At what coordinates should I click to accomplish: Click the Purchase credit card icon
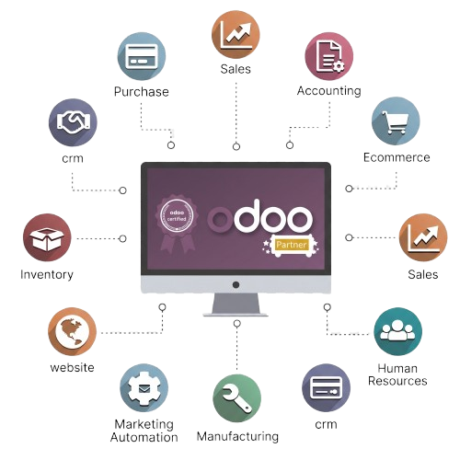point(142,56)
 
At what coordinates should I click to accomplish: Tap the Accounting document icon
point(329,56)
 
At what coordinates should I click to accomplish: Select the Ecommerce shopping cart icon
point(396,121)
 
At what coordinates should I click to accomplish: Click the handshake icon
point(73,122)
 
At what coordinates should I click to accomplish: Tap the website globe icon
point(73,332)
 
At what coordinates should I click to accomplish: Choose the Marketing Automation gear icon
point(144,388)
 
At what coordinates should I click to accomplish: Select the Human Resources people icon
point(398,331)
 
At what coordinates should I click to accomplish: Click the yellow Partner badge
point(291,245)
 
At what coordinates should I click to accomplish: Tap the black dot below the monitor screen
point(236,285)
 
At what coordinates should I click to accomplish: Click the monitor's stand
point(236,305)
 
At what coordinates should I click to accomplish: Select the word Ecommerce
point(397,157)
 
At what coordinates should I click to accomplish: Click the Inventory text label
point(47,274)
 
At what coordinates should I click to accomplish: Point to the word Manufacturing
point(237,436)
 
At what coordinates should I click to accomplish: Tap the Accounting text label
point(329,91)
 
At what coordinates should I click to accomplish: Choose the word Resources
point(397,381)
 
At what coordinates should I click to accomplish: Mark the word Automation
point(144,437)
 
